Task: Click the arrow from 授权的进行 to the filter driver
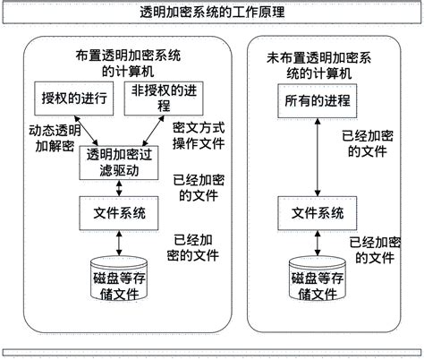tap(87, 128)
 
